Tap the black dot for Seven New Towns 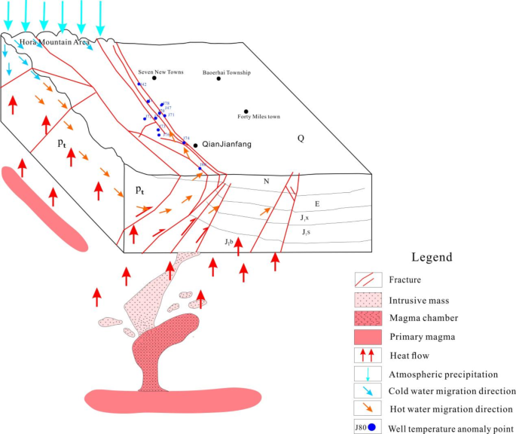[x=154, y=78]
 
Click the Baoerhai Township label [x=226, y=73]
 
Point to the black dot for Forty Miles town [x=246, y=112]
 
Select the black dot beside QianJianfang [x=196, y=144]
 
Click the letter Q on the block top [x=301, y=138]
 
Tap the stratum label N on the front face [x=265, y=182]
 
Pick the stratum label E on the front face [x=317, y=203]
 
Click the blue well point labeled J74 [x=184, y=141]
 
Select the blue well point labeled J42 [x=141, y=84]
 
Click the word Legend [x=432, y=257]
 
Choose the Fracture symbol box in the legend [x=368, y=280]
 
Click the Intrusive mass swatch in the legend [x=368, y=299]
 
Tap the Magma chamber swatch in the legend [x=368, y=317]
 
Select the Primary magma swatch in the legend [x=368, y=335]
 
